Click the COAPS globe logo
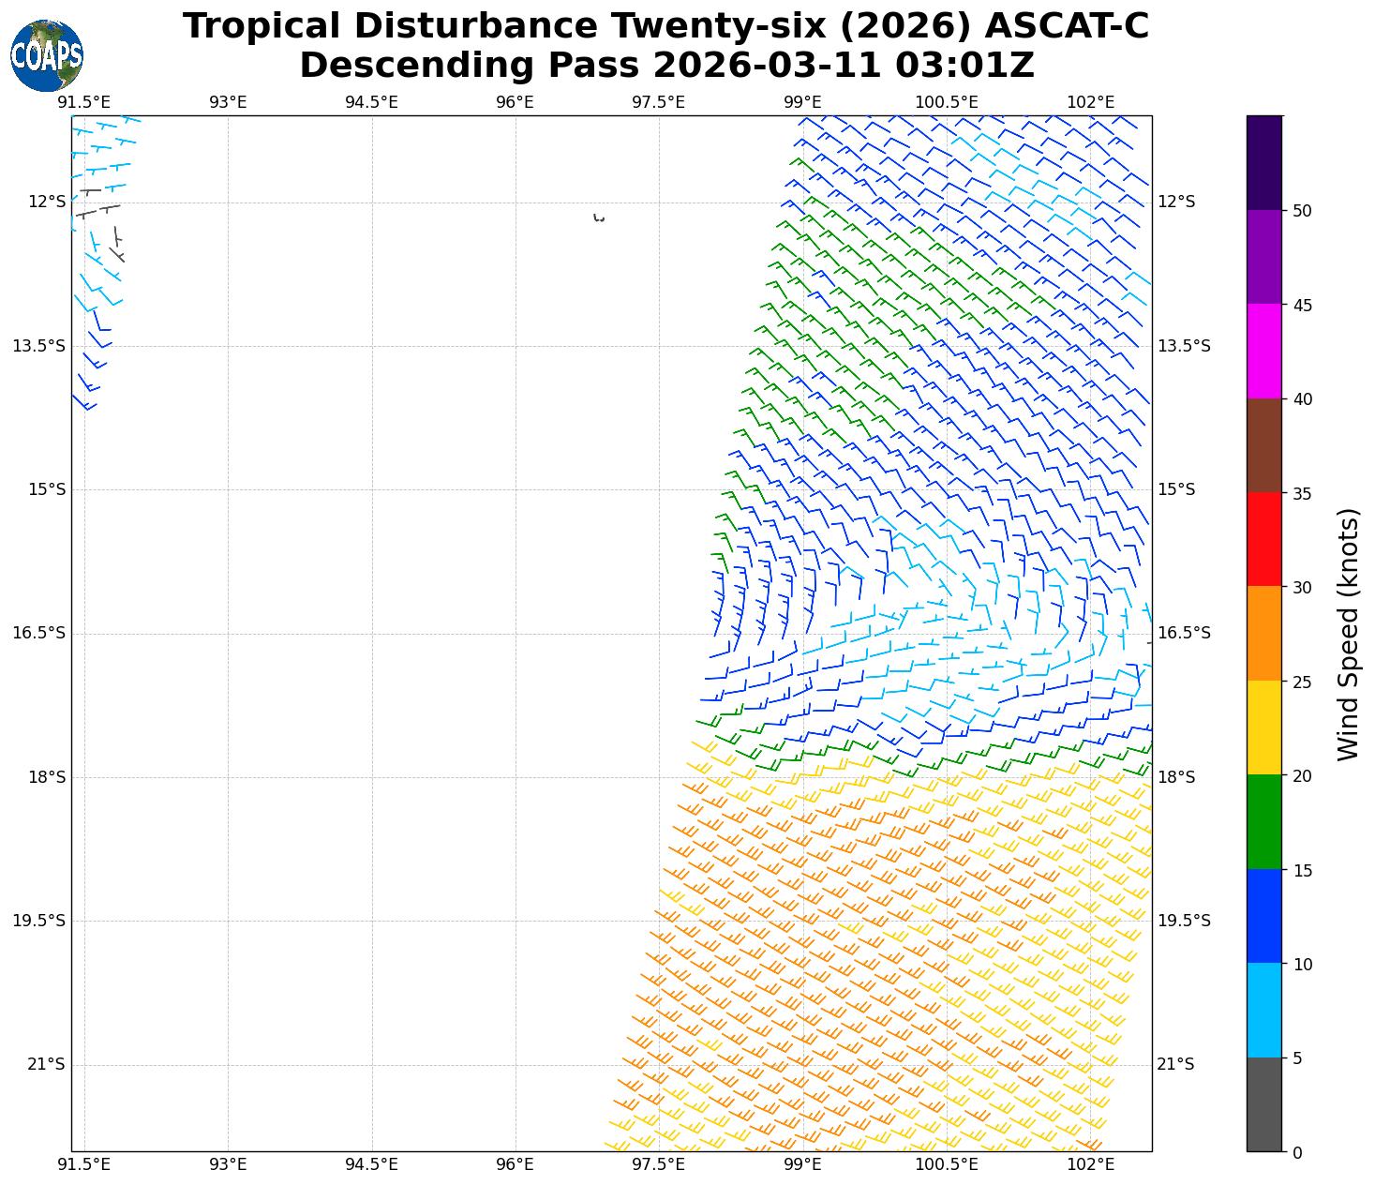pyautogui.click(x=47, y=55)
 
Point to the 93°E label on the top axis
pyautogui.click(x=228, y=102)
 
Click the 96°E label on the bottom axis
pyautogui.click(x=515, y=1164)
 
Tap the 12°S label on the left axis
pyautogui.click(x=47, y=202)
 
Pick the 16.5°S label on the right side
pyautogui.click(x=1184, y=633)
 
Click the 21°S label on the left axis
pyautogui.click(x=47, y=1064)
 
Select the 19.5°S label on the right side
pyautogui.click(x=1184, y=921)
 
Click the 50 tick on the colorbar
pyautogui.click(x=1301, y=211)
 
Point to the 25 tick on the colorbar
pyautogui.click(x=1301, y=682)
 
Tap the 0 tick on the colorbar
pyautogui.click(x=1297, y=1152)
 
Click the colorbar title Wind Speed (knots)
pyautogui.click(x=1348, y=634)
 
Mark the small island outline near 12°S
pyautogui.click(x=599, y=218)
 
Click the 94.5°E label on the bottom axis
pyautogui.click(x=371, y=1164)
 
